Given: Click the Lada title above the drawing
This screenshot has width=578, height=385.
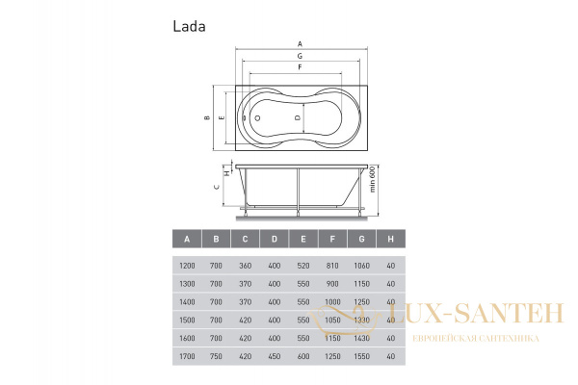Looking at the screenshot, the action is click(189, 27).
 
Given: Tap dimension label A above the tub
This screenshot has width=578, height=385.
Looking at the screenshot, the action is click(300, 44).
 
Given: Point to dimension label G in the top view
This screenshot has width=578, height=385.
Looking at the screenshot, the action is click(300, 56).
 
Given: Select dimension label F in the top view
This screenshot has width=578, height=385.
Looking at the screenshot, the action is click(300, 67).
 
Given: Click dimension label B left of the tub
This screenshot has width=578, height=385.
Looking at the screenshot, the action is click(207, 117).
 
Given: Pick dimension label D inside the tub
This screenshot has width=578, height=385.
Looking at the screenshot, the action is click(298, 117).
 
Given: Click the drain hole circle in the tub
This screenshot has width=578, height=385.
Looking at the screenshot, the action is click(257, 118).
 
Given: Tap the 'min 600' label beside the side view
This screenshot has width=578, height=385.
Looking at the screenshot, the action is click(372, 179).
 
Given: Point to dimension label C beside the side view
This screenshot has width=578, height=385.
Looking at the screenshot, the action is click(217, 187).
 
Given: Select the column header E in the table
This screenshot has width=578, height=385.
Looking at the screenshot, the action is click(303, 239).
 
